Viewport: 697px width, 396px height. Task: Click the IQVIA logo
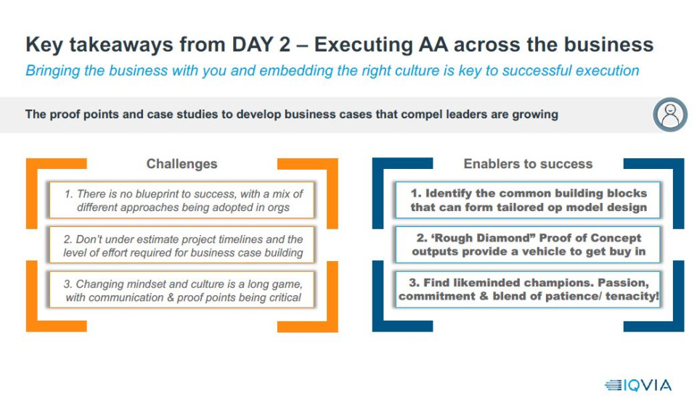[638, 385]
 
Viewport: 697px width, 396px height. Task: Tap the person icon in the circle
[670, 115]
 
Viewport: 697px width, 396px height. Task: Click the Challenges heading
[182, 164]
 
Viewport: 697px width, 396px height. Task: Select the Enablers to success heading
[528, 164]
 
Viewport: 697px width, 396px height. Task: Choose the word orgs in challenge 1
[278, 207]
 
